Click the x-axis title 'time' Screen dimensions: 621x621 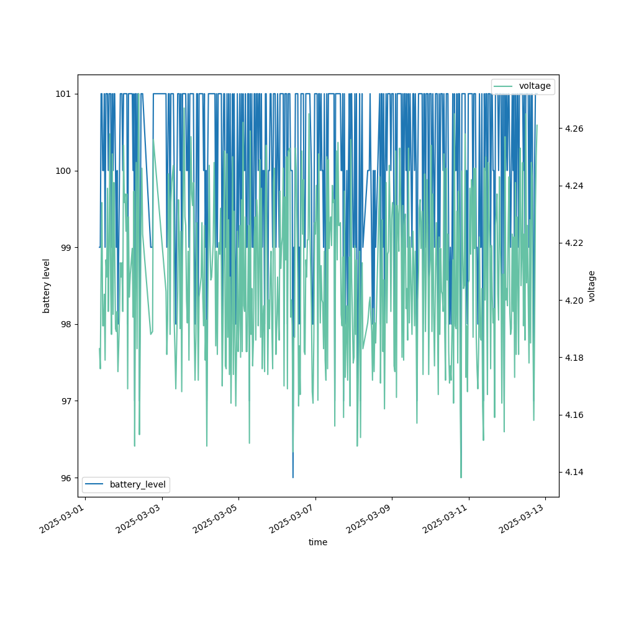pyautogui.click(x=318, y=542)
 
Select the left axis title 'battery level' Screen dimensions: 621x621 pyautogui.click(x=47, y=286)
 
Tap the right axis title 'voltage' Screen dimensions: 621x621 pyautogui.click(x=592, y=286)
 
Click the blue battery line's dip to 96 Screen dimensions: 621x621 pyautogui.click(x=293, y=476)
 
